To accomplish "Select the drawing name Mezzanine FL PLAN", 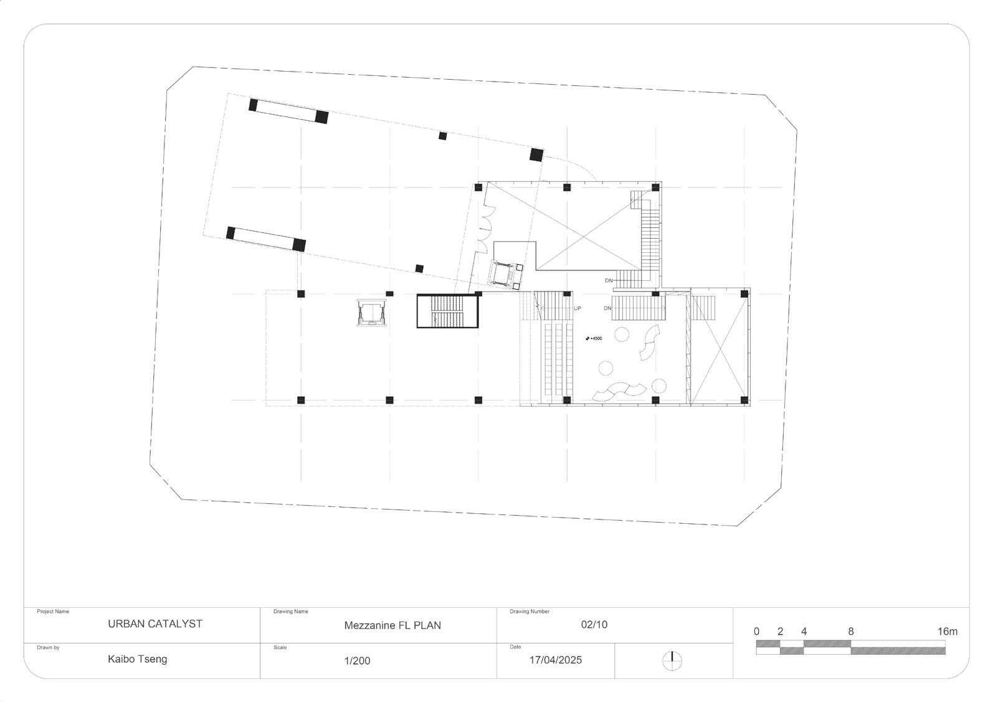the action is tap(392, 626).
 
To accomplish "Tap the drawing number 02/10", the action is tap(594, 625).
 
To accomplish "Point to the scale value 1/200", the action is tap(357, 661).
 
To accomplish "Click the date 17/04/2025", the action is tap(556, 660).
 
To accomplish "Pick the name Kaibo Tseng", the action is tap(138, 659).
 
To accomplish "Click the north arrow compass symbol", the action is tap(672, 662).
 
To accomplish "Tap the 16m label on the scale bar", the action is tap(948, 632).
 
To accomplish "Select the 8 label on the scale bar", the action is tap(851, 632).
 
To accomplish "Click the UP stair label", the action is tap(577, 308).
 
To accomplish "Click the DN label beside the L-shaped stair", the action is tap(609, 280).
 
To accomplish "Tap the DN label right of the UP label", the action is tap(607, 308).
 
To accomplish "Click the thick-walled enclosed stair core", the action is tap(447, 311).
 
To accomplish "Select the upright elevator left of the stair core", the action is tap(371, 313).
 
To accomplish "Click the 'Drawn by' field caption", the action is tap(48, 647).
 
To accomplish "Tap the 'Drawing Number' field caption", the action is tap(530, 612).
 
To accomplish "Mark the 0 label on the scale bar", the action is tap(756, 632).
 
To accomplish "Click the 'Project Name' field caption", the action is tap(53, 612).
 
